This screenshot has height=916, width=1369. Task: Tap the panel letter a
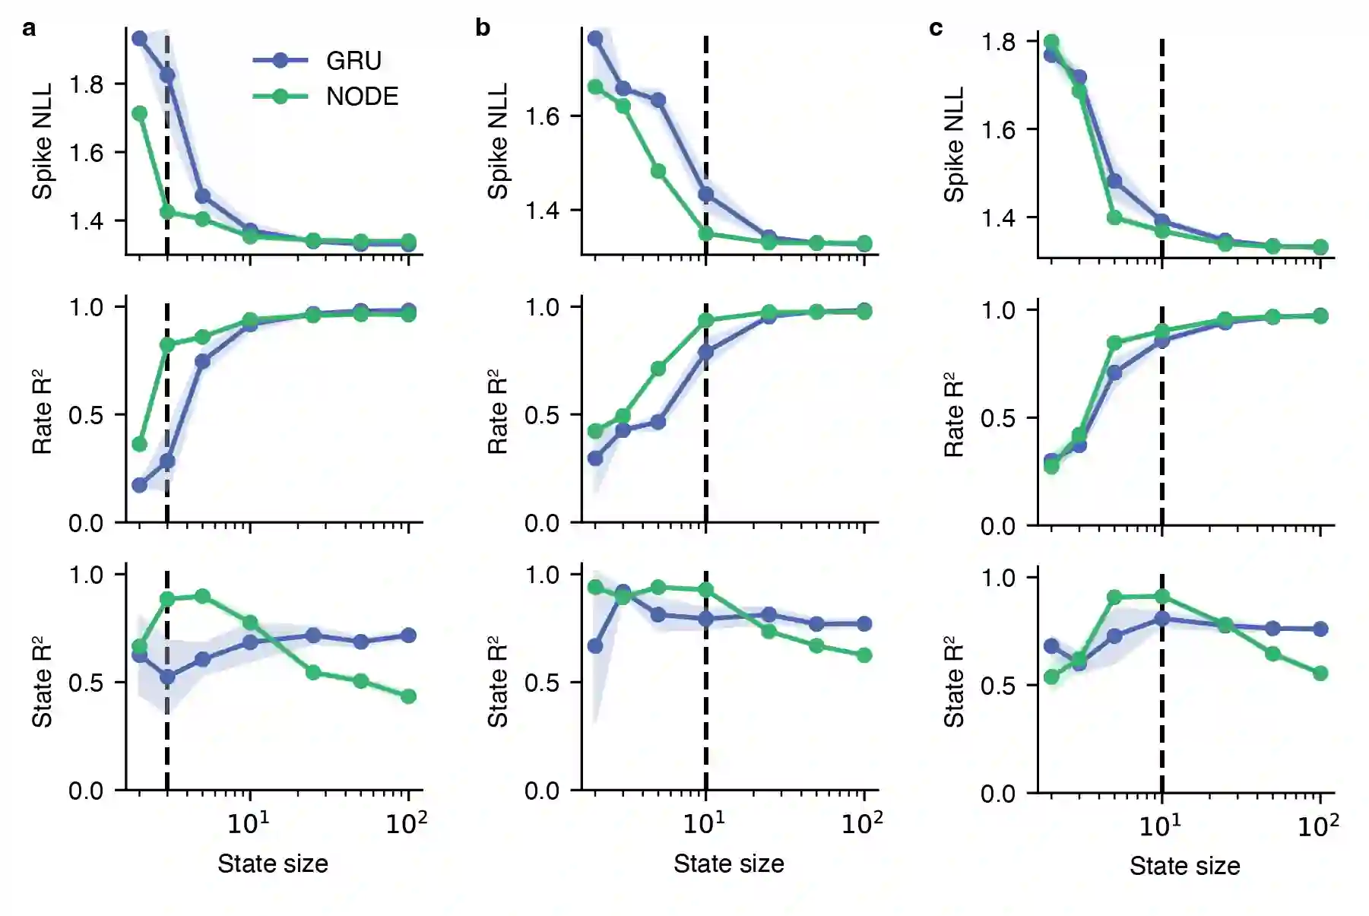pos(29,29)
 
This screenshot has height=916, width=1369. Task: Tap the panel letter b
pos(483,28)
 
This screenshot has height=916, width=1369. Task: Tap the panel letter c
pos(936,28)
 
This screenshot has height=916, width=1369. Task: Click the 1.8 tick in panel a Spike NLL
pos(86,84)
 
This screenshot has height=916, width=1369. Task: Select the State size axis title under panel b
pos(728,864)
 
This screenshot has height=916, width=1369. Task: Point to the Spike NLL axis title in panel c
pos(954,144)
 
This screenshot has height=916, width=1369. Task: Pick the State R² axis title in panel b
pos(498,682)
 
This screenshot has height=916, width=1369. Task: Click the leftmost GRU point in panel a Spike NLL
pos(139,38)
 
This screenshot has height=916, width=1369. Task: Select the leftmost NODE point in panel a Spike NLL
pos(139,113)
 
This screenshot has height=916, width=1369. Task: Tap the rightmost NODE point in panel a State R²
pos(408,696)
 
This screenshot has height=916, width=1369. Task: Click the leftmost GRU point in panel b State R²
pos(595,646)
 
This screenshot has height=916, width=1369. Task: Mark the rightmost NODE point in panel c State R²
pos(1320,674)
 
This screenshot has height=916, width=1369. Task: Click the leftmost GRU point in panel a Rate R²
pos(139,485)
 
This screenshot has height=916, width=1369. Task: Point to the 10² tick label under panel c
pos(1318,825)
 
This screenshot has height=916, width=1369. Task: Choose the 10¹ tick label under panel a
pos(249,822)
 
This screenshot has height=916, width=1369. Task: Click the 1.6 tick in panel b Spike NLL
pos(542,116)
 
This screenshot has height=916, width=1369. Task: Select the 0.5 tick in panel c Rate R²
pos(998,418)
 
